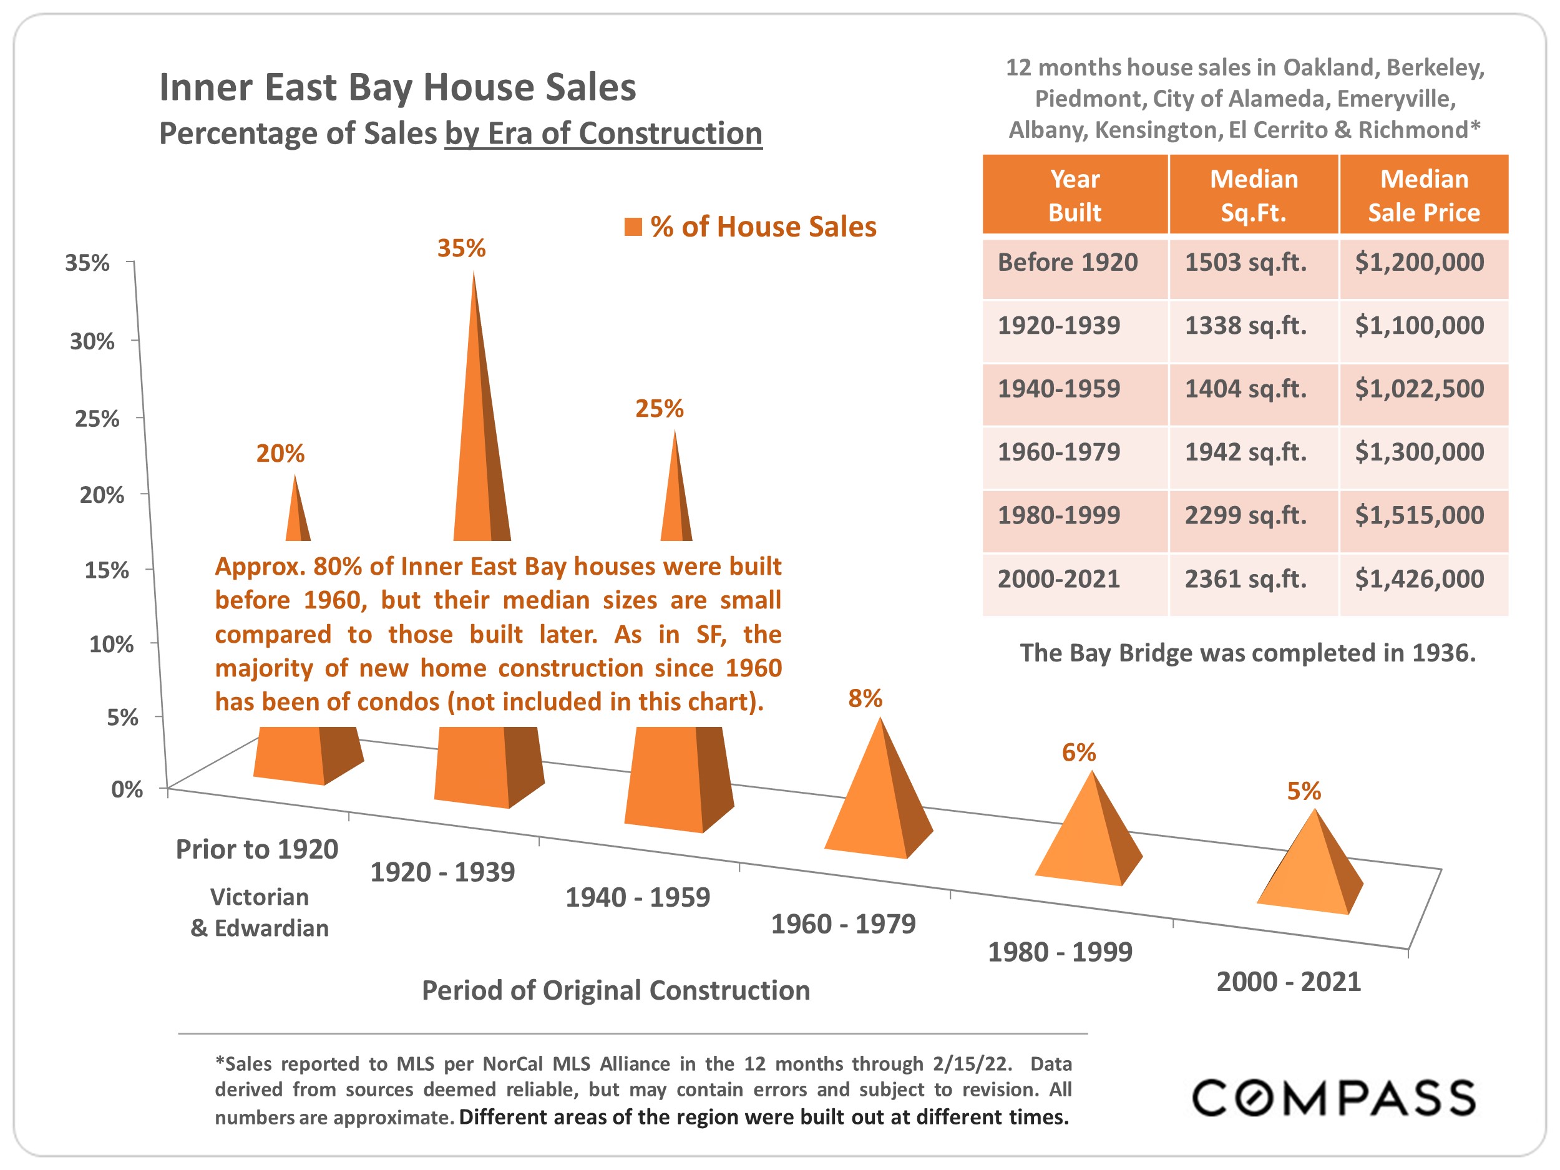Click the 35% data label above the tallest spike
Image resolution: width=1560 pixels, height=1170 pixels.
(x=461, y=248)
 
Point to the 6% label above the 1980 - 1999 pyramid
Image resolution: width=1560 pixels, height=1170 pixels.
(x=1078, y=753)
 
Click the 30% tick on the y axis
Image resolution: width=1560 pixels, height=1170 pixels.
(x=92, y=341)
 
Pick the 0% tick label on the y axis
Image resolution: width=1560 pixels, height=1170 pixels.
(x=127, y=789)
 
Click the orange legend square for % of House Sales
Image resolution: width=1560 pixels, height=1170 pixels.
(x=633, y=227)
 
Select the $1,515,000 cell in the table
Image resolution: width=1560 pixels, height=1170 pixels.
(x=1419, y=515)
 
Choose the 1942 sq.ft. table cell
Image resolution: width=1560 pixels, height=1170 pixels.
(x=1246, y=452)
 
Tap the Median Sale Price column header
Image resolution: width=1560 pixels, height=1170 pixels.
(x=1423, y=195)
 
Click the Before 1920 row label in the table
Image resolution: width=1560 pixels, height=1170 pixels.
(x=1067, y=262)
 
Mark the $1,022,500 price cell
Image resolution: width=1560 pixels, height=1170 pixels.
(x=1419, y=389)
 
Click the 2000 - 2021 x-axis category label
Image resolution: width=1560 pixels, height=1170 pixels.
(x=1289, y=982)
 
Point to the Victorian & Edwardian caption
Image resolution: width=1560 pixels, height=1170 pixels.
(x=260, y=912)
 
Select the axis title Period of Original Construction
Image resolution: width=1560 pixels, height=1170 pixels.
(x=616, y=990)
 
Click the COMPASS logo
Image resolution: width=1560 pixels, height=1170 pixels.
(x=1333, y=1098)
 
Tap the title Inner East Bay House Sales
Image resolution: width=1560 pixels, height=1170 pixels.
(x=397, y=87)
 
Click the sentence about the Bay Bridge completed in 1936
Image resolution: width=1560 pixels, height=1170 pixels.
(x=1247, y=653)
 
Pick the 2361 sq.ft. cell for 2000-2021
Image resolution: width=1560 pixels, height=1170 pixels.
(x=1246, y=579)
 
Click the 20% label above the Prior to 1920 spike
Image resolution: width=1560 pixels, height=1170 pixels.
(x=280, y=454)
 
